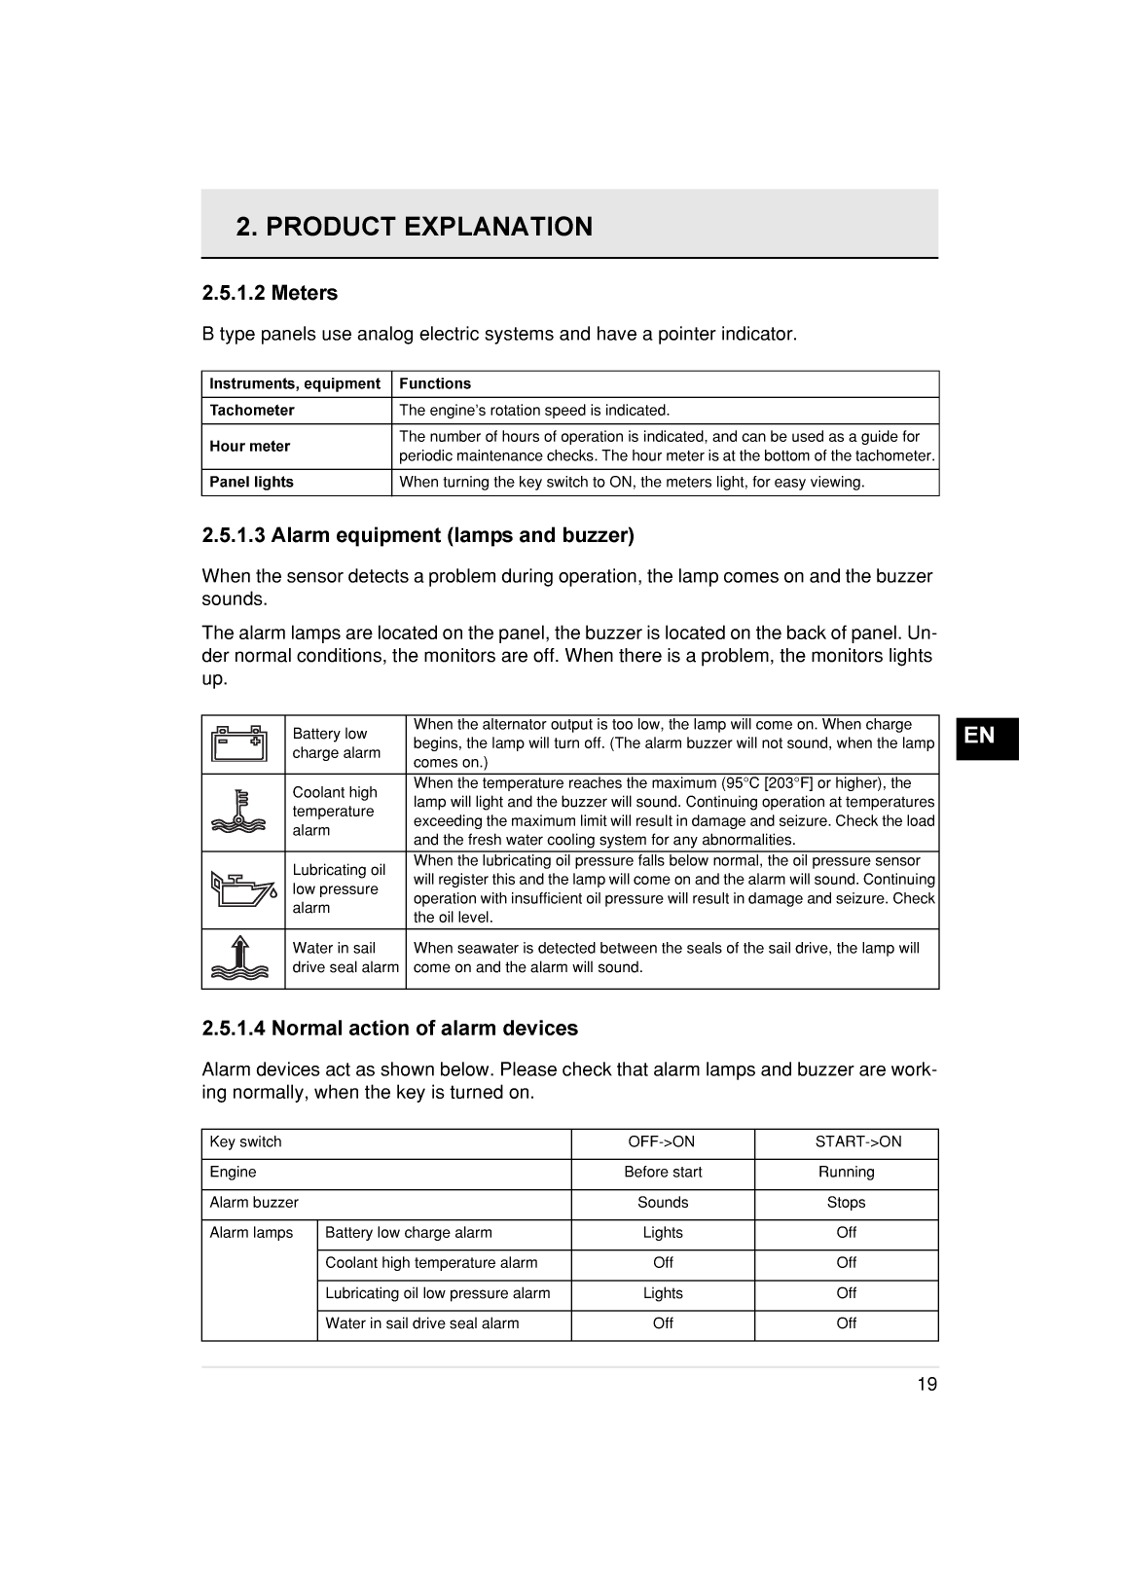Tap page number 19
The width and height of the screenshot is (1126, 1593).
(x=926, y=1385)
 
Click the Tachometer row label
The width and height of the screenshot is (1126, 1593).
(x=252, y=411)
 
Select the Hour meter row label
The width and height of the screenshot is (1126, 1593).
(x=250, y=447)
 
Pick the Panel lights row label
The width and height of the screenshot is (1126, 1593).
(x=252, y=483)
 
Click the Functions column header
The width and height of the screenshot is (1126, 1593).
(x=435, y=384)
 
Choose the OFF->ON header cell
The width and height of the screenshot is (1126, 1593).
(x=662, y=1142)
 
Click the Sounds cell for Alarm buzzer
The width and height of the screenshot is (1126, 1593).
(x=662, y=1203)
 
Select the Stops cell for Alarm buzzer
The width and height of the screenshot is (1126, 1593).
(x=846, y=1203)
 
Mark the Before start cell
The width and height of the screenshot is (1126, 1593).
(x=662, y=1173)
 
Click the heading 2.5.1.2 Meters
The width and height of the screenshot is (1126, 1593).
(x=270, y=293)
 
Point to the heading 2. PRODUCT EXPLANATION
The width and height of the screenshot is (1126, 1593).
(x=414, y=227)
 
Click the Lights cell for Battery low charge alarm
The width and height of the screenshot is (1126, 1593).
(x=662, y=1233)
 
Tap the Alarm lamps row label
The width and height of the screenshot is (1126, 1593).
(x=251, y=1233)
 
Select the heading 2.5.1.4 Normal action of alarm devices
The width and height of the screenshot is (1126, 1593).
(x=389, y=1029)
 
